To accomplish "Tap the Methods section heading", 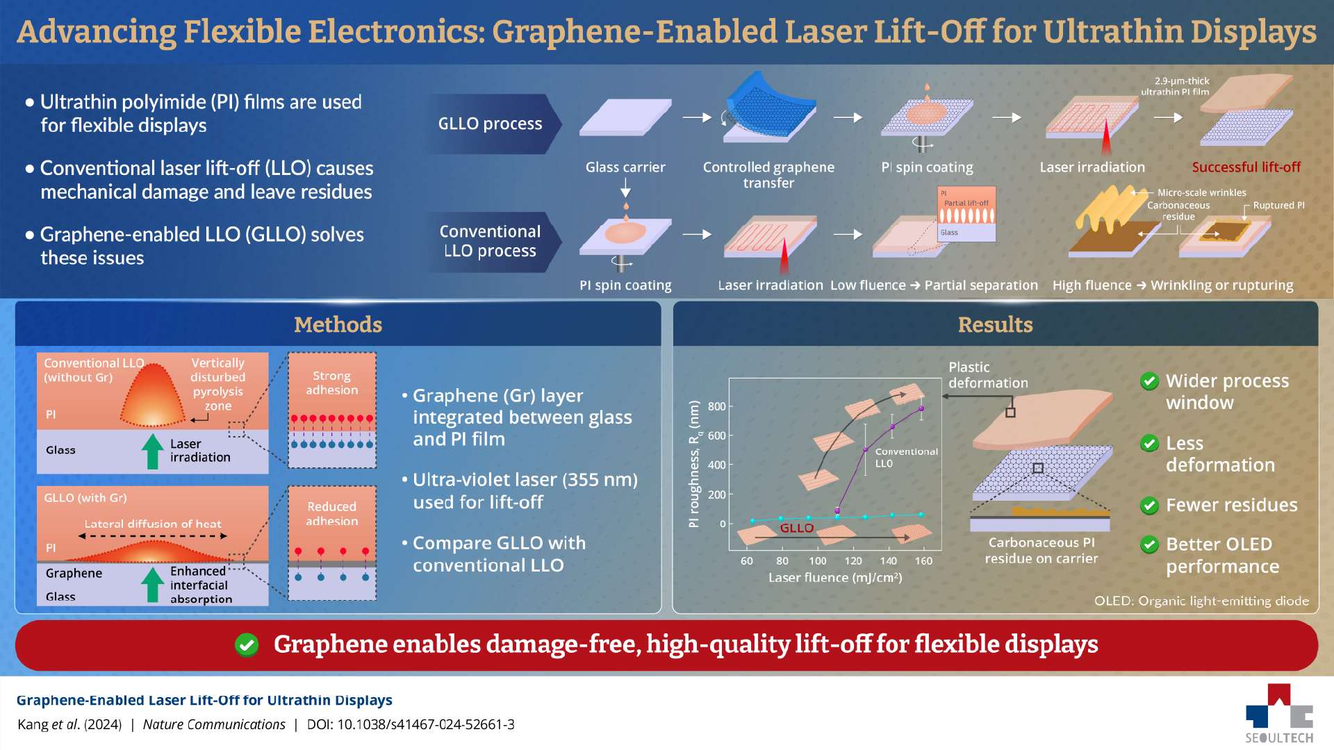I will pos(338,324).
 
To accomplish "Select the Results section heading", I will pos(995,324).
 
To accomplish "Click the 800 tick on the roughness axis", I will pos(716,406).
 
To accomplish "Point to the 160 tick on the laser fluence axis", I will pos(923,561).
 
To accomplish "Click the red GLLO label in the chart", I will pos(796,528).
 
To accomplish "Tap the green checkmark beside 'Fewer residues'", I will pos(1149,506).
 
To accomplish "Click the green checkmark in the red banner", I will pos(247,644).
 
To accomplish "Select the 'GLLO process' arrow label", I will pos(490,124).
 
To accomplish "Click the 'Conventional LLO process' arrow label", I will pos(490,241).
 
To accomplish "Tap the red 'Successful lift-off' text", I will pos(1246,167).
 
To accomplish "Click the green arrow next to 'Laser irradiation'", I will pos(152,451).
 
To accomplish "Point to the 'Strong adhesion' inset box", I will pos(332,410).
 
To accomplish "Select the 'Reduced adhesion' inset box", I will pos(332,543).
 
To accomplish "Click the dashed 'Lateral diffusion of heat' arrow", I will pos(153,536).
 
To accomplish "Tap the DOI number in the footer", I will pos(425,724).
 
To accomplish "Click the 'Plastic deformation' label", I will pos(987,375).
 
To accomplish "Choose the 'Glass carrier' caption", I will pos(625,167).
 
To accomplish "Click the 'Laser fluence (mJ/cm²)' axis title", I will pos(834,578).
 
